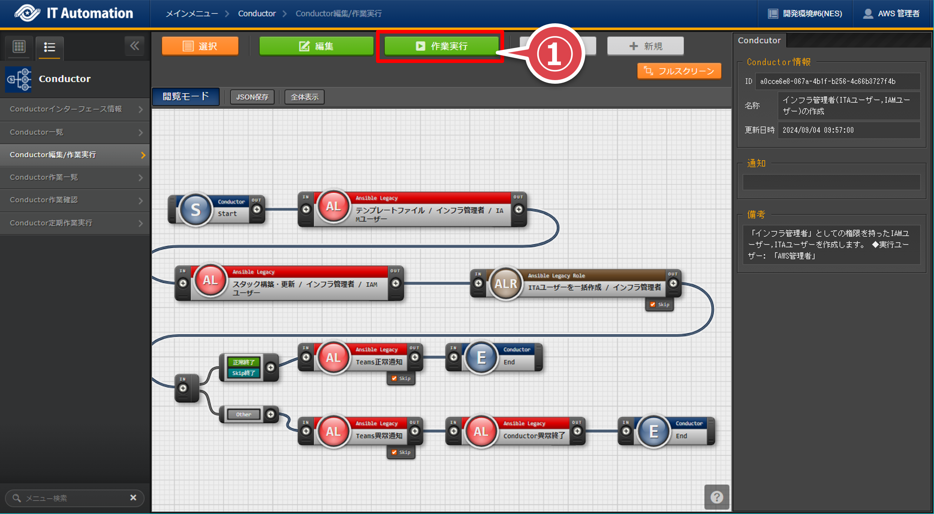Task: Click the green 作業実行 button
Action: click(441, 46)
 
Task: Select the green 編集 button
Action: click(316, 46)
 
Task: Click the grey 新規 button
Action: click(645, 46)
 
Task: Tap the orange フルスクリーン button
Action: click(679, 71)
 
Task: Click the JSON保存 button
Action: click(252, 97)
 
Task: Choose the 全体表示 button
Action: click(304, 97)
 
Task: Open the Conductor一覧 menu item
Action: click(75, 132)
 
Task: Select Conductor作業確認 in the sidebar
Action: click(75, 200)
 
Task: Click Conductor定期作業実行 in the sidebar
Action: click(75, 223)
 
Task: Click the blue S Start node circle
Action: click(195, 210)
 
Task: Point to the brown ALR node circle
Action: click(506, 284)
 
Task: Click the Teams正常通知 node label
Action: click(379, 362)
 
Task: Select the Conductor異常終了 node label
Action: click(534, 436)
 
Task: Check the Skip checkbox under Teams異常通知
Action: click(394, 452)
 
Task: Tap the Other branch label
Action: click(244, 414)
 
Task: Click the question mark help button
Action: click(716, 497)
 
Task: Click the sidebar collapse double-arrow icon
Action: click(135, 46)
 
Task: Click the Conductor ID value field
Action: click(837, 81)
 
